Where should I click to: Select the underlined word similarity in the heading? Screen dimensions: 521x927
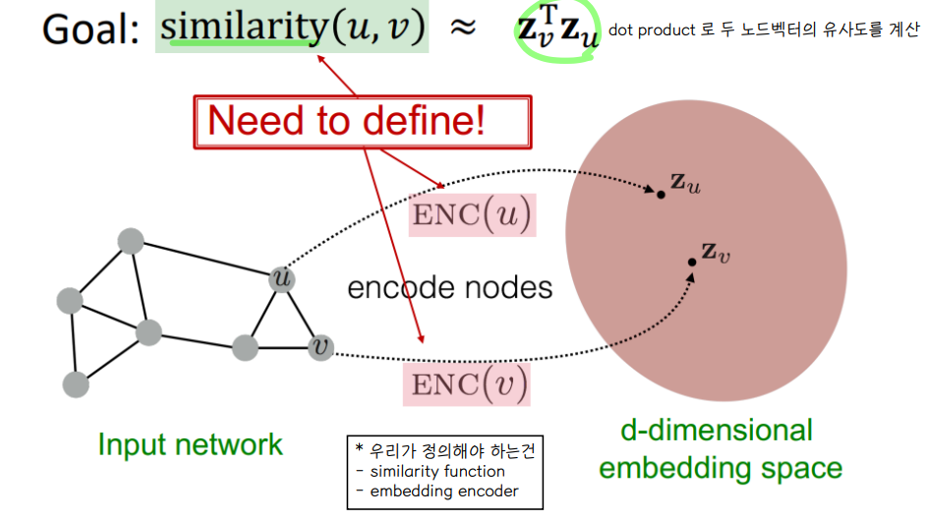(243, 29)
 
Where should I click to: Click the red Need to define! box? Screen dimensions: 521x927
(363, 121)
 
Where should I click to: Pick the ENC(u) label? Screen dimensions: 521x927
(474, 215)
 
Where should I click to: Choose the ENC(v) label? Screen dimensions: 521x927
(467, 382)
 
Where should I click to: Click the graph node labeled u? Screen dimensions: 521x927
(283, 279)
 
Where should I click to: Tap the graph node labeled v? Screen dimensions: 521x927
(319, 347)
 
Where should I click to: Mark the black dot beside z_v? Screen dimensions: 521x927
(692, 260)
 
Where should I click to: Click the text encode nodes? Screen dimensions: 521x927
(450, 287)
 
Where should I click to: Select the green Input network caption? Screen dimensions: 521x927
(190, 444)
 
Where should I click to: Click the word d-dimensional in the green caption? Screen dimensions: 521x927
(717, 430)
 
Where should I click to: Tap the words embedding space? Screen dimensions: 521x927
(721, 468)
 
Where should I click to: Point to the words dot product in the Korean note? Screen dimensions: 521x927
(651, 29)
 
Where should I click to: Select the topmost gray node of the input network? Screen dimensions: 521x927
(130, 241)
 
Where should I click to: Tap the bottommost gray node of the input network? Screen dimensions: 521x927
(75, 383)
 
